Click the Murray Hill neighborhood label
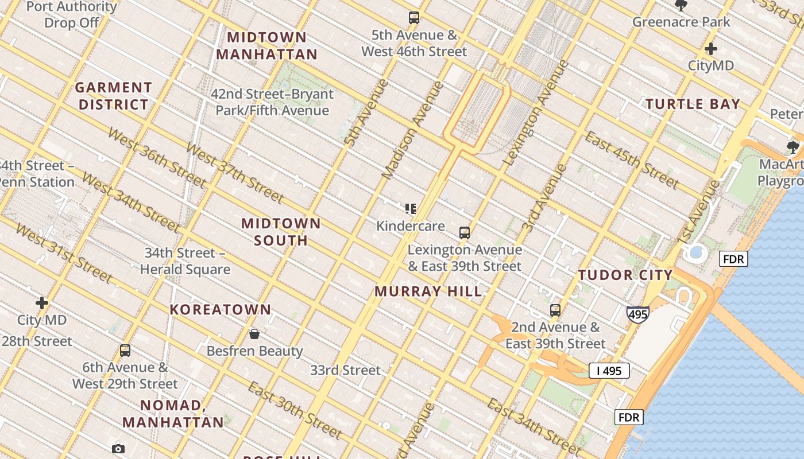click(428, 291)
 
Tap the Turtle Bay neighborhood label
click(693, 104)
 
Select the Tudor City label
click(625, 275)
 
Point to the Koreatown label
click(220, 310)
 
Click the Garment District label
click(114, 96)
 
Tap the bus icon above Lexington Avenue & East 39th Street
click(465, 233)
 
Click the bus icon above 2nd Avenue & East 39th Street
click(555, 310)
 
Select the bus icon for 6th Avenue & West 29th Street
click(125, 351)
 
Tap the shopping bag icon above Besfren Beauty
click(254, 334)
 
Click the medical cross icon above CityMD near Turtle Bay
click(711, 49)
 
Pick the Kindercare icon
click(410, 209)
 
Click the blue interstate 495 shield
click(638, 314)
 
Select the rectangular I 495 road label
click(609, 371)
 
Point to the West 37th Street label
click(234, 172)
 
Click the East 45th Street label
click(632, 160)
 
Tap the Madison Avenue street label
click(413, 130)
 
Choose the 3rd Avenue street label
click(544, 198)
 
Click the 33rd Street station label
click(345, 370)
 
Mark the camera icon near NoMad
click(118, 449)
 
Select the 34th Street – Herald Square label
click(185, 261)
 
